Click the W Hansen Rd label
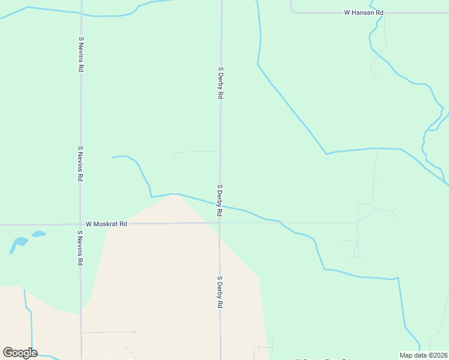click(363, 12)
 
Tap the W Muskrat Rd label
click(106, 224)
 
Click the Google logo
click(20, 353)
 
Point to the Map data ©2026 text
click(424, 355)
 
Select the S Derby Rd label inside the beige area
click(220, 292)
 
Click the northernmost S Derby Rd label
click(220, 83)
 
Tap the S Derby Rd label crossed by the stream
click(220, 200)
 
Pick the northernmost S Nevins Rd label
click(80, 54)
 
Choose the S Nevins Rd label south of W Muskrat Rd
click(80, 248)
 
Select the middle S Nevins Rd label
click(80, 163)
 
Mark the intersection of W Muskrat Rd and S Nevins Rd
click(80, 224)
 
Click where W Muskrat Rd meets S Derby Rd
click(220, 223)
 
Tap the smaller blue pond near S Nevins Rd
click(38, 234)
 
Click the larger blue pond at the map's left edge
click(18, 244)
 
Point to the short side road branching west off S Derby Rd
click(195, 152)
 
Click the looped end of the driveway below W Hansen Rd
click(376, 71)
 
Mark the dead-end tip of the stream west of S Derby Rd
click(113, 157)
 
